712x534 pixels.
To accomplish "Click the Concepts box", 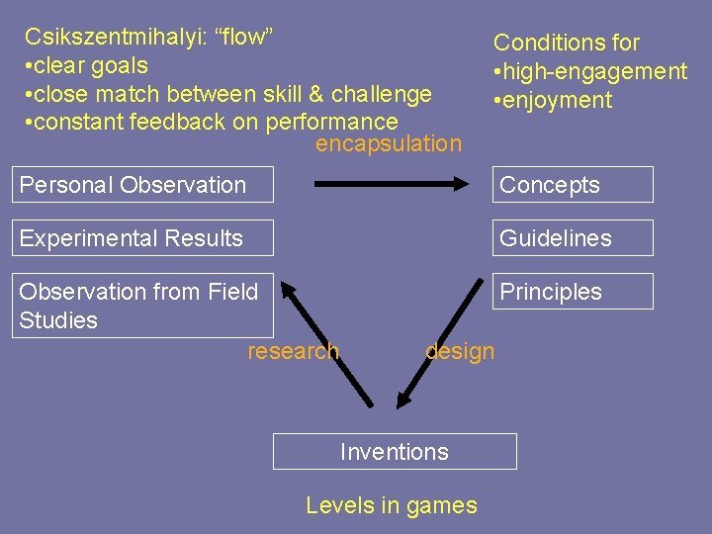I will tap(573, 185).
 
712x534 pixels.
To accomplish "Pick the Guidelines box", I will tap(573, 238).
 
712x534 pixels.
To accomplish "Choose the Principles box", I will tap(573, 292).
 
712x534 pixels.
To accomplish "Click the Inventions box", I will tap(395, 452).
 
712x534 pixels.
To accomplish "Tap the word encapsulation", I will tap(388, 144).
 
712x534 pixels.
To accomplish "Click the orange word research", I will tap(293, 351).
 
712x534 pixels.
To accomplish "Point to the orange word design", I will tap(460, 351).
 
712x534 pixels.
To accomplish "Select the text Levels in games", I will tap(392, 505).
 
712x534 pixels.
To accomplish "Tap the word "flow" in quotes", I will tap(243, 38).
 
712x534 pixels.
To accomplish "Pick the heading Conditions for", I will tap(567, 43).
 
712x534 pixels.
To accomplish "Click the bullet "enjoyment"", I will tap(559, 100).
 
